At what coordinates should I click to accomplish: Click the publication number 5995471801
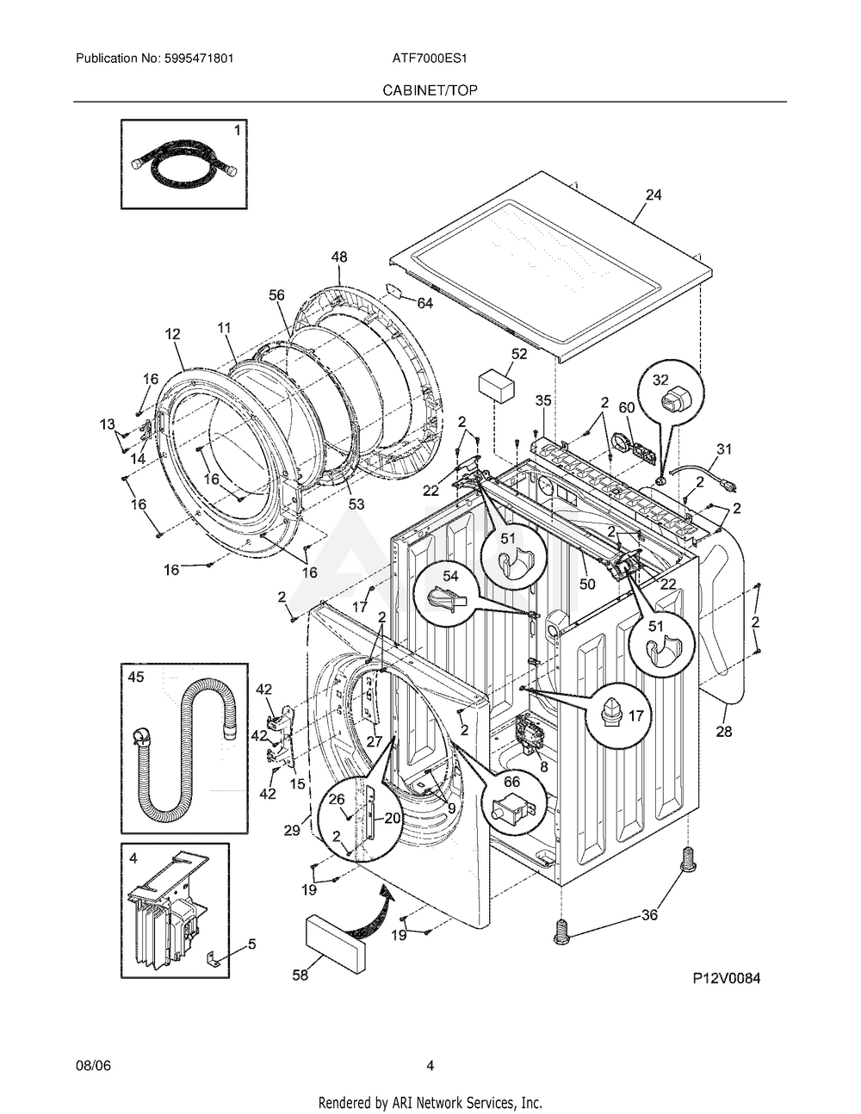point(199,59)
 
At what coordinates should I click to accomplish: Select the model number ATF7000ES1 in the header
point(430,59)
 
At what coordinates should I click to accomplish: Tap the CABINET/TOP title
point(430,90)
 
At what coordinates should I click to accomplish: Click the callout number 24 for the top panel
point(653,195)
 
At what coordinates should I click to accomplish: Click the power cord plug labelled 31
point(729,484)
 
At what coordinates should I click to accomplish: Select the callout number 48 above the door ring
point(339,257)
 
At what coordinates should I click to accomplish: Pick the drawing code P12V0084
point(727,978)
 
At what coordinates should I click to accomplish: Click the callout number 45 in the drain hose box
point(136,677)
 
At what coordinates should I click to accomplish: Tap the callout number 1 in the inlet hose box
point(237,131)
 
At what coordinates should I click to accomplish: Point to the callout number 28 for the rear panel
point(723,732)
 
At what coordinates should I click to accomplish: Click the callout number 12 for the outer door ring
point(173,334)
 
